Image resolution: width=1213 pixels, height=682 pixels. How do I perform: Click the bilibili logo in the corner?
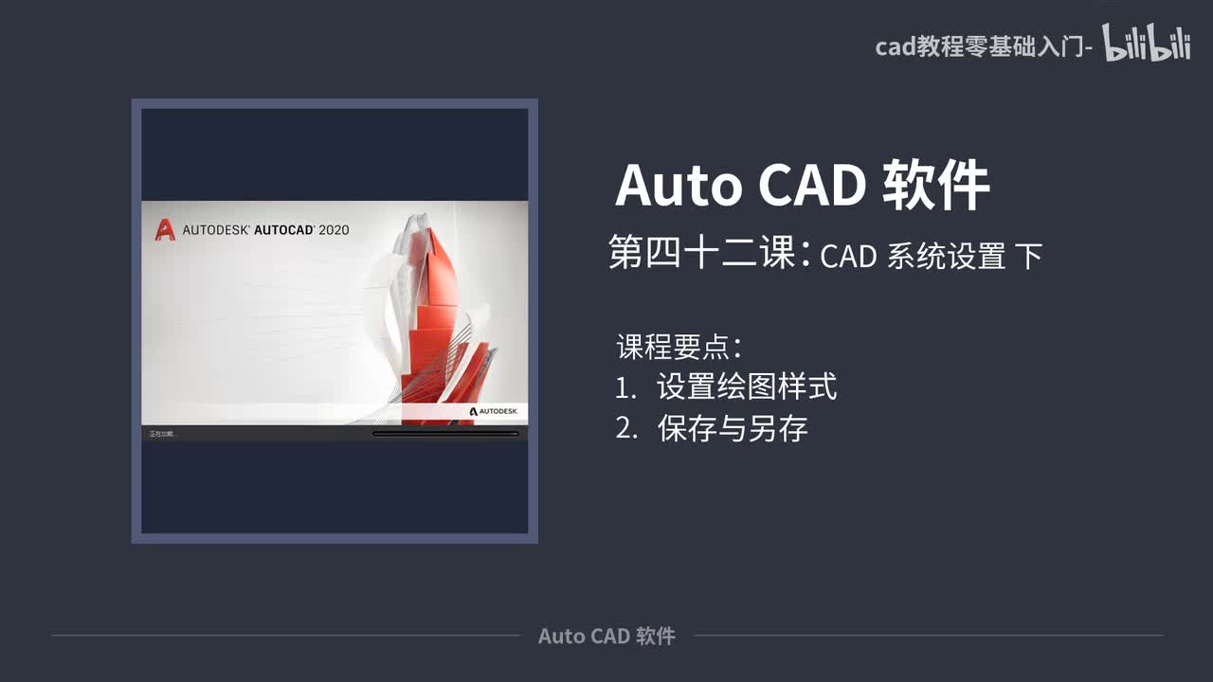click(1147, 44)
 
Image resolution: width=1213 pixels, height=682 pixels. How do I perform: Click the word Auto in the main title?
click(678, 186)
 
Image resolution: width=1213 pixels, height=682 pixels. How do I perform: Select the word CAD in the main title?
click(811, 186)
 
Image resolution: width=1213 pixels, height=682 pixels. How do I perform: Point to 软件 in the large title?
click(935, 186)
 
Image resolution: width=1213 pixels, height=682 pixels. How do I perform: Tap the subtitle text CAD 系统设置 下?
click(931, 256)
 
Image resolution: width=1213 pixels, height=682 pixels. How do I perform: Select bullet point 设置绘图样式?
click(747, 386)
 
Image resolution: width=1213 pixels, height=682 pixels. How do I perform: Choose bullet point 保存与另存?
click(733, 429)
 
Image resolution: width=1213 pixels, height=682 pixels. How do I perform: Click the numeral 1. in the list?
click(625, 387)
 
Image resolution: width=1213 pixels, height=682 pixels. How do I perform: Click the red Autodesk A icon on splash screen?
click(165, 229)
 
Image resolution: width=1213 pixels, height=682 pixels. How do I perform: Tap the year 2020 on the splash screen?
click(334, 229)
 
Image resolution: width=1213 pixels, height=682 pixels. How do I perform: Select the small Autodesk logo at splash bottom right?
click(493, 411)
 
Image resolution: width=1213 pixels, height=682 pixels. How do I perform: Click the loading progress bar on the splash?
click(445, 434)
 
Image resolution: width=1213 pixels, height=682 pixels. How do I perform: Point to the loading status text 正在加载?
click(162, 434)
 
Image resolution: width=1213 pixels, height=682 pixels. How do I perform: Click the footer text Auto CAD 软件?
click(606, 636)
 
